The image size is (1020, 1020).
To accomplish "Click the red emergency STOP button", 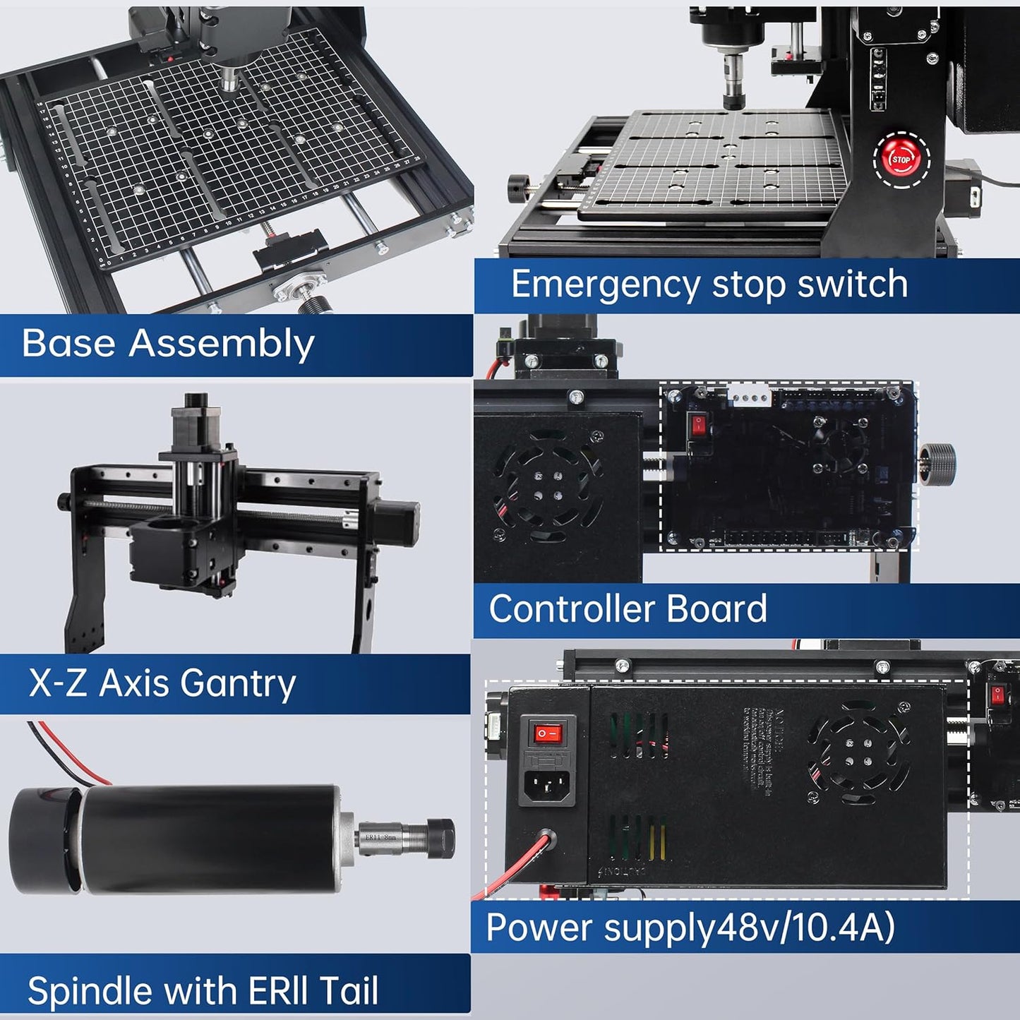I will [901, 160].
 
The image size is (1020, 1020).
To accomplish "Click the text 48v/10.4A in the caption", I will [805, 927].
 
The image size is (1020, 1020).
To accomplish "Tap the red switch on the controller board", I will [698, 426].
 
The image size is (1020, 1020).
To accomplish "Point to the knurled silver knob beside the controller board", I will [938, 464].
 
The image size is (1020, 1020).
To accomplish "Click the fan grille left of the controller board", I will [548, 486].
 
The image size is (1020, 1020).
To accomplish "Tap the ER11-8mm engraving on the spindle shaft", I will [381, 837].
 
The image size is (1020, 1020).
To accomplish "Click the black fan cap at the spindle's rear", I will [42, 840].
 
